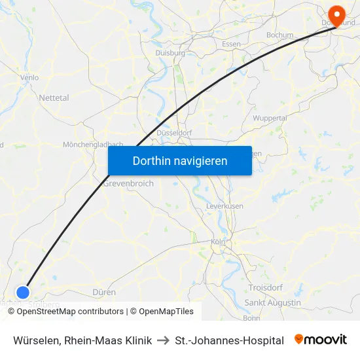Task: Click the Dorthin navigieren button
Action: pos(179,160)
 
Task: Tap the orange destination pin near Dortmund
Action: pos(337,14)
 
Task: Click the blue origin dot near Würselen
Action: pos(24,292)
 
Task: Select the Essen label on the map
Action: pos(231,44)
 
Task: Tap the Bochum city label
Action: pos(279,35)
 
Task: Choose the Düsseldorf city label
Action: pos(173,133)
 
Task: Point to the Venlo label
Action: pos(29,77)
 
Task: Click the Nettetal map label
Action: pos(54,98)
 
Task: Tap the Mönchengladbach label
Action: pos(93,144)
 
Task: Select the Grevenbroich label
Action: pos(128,183)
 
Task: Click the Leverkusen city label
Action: pos(225,206)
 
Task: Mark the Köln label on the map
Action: pos(218,242)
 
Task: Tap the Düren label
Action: pos(104,292)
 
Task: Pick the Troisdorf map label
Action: pos(266,287)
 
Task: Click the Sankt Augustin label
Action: pos(272,302)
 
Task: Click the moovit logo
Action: pos(321,340)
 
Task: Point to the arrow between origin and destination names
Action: pos(164,340)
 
